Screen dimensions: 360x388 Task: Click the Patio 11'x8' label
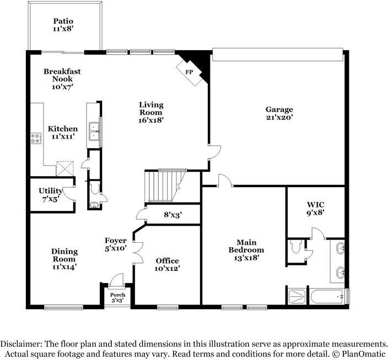[63, 25]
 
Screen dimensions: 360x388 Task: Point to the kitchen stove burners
[36, 138]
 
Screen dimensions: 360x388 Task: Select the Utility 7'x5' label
[50, 195]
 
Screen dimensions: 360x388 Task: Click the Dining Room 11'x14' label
[64, 259]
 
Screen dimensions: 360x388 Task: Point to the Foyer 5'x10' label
[116, 244]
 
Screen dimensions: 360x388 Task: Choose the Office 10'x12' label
[167, 265]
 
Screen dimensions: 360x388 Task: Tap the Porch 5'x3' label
[117, 298]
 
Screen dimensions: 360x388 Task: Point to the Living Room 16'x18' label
[151, 112]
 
